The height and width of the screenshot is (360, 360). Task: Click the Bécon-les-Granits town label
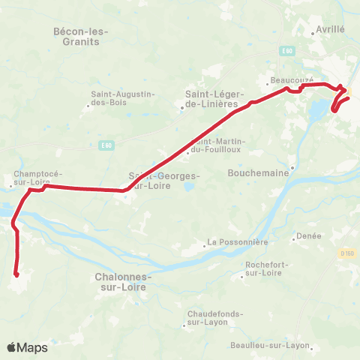pos(82,37)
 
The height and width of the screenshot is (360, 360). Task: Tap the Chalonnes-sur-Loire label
pos(124,281)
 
